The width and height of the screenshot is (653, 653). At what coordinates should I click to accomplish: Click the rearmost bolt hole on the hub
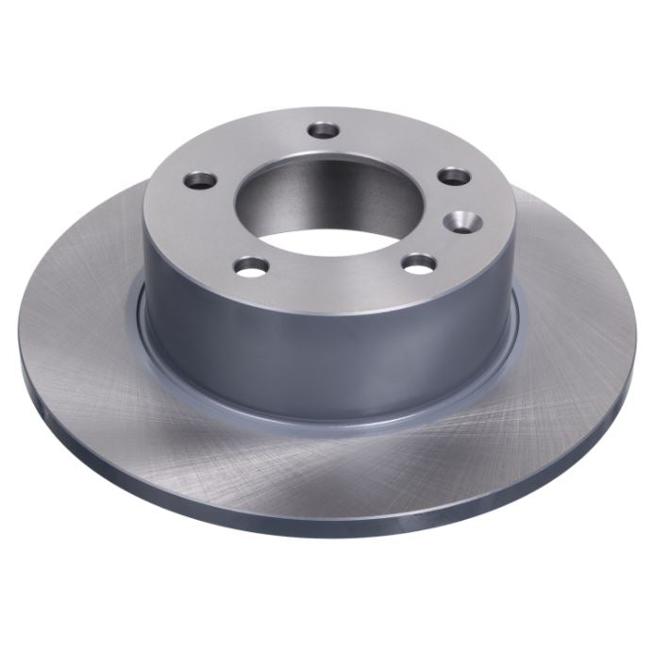323,128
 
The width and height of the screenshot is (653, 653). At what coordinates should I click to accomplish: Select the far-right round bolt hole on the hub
454,176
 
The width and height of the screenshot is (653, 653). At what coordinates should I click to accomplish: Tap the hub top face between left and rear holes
250,146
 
